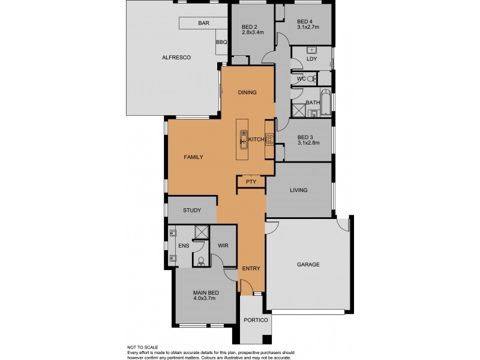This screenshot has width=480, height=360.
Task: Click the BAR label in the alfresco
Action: [x=203, y=23]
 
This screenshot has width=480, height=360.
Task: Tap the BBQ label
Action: [x=221, y=43]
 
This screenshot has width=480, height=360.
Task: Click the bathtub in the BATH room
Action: [x=326, y=103]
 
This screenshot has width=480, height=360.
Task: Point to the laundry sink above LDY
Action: [x=311, y=50]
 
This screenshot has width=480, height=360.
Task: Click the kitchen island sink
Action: [x=244, y=142]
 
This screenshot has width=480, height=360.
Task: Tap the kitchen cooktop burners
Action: [x=269, y=140]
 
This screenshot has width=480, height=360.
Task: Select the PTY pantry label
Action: [x=251, y=181]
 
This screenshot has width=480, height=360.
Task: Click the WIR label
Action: [x=222, y=245]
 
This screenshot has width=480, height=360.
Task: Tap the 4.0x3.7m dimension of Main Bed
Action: [x=206, y=298]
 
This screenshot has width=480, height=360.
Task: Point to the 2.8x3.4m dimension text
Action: [x=253, y=33]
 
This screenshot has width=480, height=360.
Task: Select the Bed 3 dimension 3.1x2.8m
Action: [x=308, y=143]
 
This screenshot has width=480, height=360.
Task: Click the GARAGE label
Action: [x=308, y=264]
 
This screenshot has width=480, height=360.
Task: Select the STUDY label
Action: [x=191, y=210]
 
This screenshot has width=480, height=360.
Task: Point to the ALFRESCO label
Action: [x=176, y=58]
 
